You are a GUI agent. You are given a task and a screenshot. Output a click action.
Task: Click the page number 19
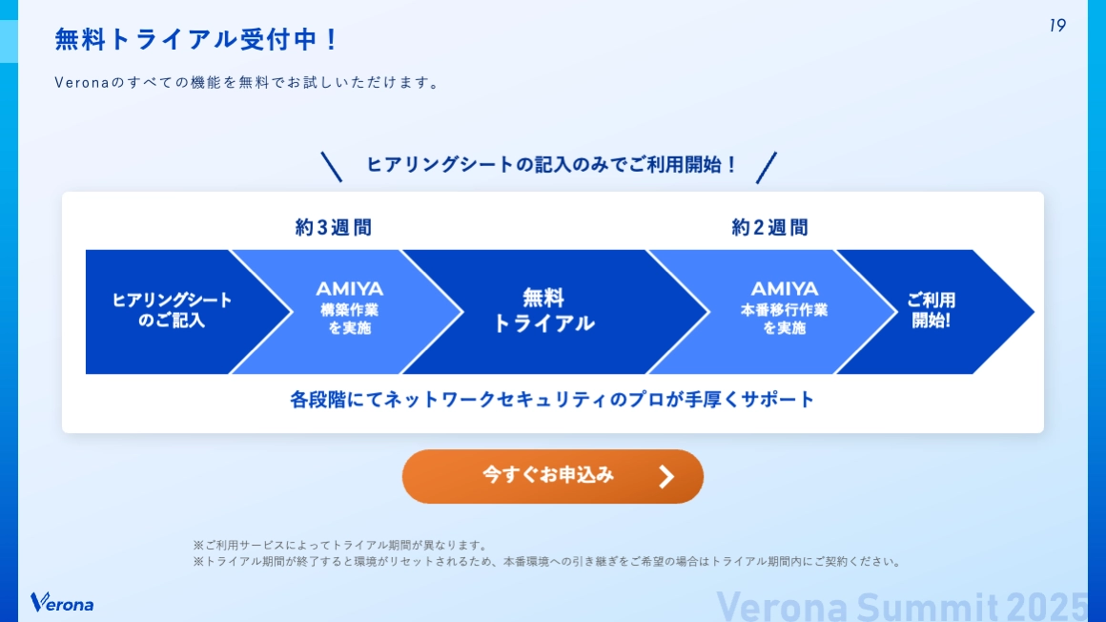1057,26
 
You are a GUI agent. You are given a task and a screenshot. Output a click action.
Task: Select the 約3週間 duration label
333,228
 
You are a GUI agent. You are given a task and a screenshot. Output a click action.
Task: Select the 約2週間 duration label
769,228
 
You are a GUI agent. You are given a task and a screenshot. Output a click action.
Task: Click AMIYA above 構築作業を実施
350,289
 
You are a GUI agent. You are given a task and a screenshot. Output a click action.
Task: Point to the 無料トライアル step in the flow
543,311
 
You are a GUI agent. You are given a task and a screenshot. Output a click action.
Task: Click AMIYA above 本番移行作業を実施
785,289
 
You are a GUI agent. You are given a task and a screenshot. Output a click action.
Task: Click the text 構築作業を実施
350,320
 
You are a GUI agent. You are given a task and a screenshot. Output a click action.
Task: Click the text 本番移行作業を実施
785,320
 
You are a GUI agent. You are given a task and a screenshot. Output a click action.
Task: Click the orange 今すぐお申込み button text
548,475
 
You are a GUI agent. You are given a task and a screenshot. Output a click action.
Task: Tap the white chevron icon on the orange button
666,476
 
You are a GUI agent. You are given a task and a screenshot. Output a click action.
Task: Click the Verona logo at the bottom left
62,603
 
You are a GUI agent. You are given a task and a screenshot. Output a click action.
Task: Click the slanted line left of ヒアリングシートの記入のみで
331,167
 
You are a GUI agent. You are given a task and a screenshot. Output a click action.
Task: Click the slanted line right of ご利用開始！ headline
767,167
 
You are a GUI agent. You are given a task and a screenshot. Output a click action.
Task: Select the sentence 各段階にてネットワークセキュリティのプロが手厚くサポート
553,400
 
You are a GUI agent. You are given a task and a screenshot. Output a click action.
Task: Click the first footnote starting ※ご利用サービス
340,546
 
